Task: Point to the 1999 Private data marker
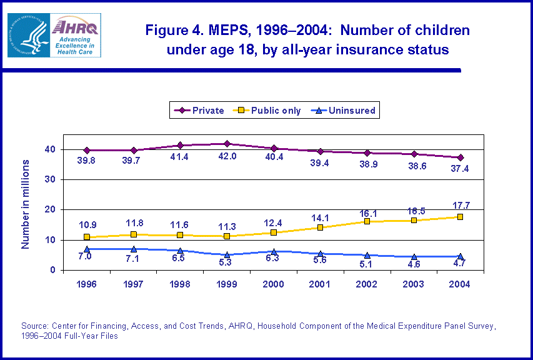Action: tap(227, 144)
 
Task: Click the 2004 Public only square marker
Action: tap(460, 217)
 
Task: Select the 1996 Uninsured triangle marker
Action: tap(87, 249)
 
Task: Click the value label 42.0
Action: tap(227, 156)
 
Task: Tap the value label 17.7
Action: tap(460, 204)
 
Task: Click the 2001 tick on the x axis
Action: tap(320, 284)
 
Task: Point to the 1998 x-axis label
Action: tap(180, 284)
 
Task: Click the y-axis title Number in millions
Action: tap(26, 204)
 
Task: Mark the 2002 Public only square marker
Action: tap(367, 221)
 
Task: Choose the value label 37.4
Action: tap(460, 169)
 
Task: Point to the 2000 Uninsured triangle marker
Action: tap(274, 251)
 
